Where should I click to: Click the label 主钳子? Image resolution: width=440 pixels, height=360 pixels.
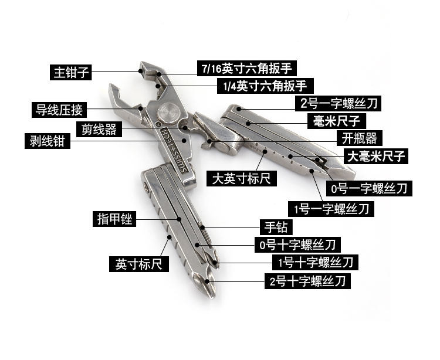tap(71, 73)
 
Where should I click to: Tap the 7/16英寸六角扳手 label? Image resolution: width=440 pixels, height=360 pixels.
tap(245, 69)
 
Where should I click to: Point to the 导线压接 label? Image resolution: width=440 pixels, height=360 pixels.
tap(60, 109)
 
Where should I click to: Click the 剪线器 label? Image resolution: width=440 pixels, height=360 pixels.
tap(99, 130)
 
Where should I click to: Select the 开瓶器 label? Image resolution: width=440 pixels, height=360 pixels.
tap(360, 138)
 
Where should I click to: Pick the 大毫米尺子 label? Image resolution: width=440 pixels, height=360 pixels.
tap(377, 156)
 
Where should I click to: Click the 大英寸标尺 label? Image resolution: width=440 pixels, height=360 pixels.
tap(242, 178)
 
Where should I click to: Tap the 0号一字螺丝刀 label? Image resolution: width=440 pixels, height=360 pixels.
tap(368, 188)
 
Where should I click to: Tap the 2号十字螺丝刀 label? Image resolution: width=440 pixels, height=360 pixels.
tap(307, 281)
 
